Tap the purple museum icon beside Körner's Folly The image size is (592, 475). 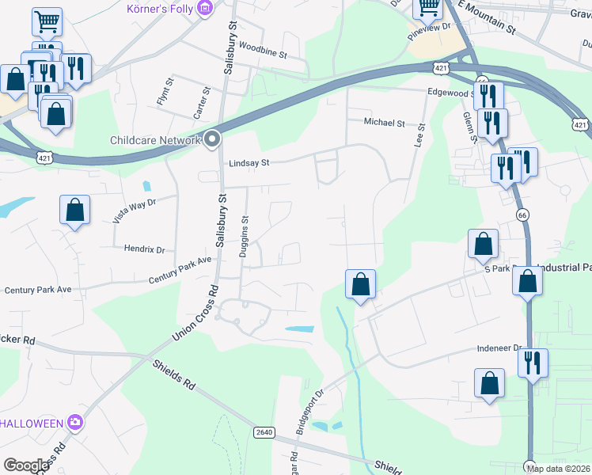206,9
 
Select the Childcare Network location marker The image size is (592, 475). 212,140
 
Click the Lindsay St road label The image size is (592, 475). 249,163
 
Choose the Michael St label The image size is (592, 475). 384,123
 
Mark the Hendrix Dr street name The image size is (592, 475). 144,249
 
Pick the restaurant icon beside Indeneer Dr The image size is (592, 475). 531,362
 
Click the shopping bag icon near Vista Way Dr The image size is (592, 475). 74,211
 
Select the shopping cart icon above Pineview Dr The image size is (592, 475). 428,7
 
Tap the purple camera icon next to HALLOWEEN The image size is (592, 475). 75,422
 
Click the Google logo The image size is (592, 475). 26,465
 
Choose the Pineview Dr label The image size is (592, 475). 428,26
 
